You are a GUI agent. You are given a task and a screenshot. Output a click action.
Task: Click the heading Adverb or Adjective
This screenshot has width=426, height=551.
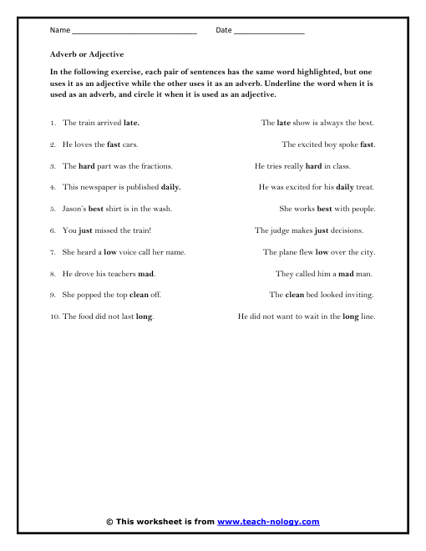pos(87,54)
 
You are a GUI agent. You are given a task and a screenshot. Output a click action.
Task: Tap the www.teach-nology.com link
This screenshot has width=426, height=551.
pos(268,522)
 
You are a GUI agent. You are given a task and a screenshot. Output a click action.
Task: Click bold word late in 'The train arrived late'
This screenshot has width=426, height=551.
pos(131,122)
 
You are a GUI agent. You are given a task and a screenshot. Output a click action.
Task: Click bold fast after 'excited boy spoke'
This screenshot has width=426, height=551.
pos(368,144)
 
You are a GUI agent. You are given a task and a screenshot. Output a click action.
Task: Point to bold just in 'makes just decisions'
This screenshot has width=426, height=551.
pos(321,230)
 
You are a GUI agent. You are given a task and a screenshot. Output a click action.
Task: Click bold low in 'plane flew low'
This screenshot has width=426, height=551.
pos(322,252)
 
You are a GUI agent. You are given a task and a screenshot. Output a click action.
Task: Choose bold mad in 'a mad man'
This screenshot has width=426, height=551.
pos(347,274)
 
